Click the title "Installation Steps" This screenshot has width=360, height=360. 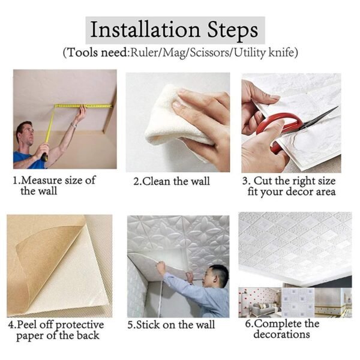(174, 29)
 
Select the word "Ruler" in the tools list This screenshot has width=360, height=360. (146, 53)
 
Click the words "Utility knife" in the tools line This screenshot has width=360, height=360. (263, 53)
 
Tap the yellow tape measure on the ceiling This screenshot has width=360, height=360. (84, 106)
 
